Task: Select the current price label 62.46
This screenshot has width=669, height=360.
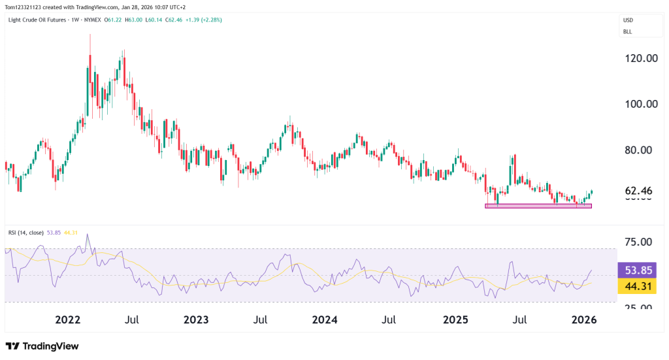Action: click(x=638, y=191)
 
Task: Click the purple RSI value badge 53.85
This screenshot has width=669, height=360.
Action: click(x=636, y=270)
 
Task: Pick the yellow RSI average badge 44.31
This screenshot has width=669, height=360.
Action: click(x=636, y=286)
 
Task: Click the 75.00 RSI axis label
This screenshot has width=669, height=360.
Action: click(x=637, y=242)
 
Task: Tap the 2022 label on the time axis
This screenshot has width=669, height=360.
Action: click(x=68, y=320)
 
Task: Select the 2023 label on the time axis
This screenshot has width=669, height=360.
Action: click(x=196, y=320)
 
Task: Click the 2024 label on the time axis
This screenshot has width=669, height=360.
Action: click(x=325, y=320)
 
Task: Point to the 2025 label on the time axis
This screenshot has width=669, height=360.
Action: click(x=455, y=320)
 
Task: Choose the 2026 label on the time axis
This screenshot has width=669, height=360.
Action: click(x=583, y=320)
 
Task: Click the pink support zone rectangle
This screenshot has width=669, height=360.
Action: click(x=538, y=206)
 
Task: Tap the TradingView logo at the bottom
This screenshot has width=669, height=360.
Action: click(x=42, y=346)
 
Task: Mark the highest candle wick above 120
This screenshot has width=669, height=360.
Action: click(x=90, y=35)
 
